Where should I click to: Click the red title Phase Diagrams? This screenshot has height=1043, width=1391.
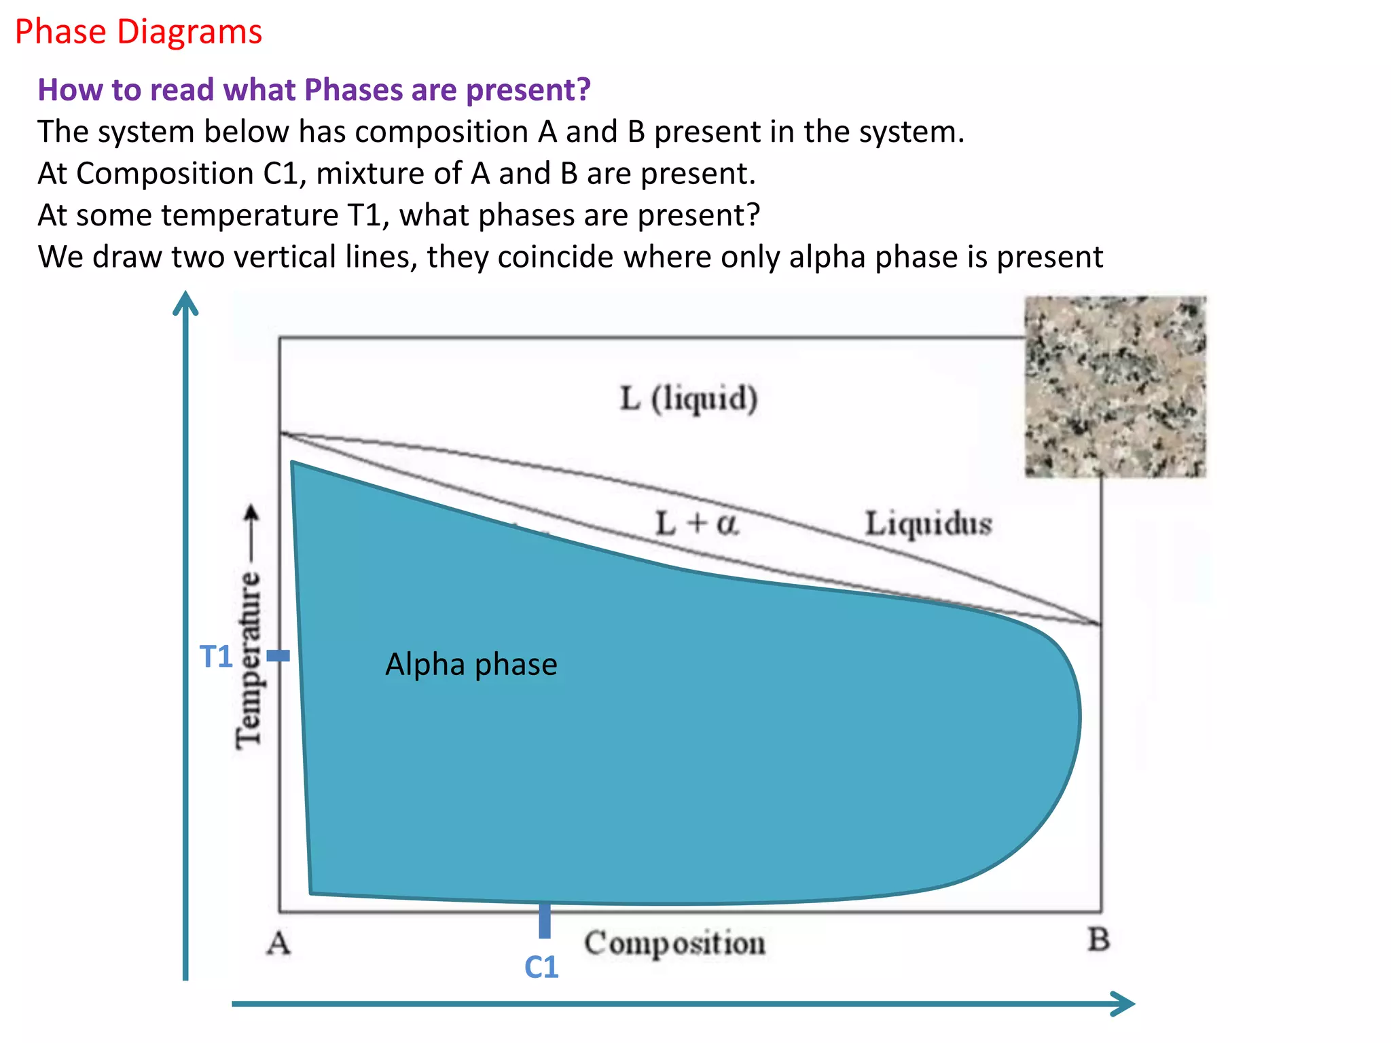(139, 33)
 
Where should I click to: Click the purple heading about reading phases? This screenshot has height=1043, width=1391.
(314, 90)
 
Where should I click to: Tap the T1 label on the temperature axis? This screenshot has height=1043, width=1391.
(216, 657)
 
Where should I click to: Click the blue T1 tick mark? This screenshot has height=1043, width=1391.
(278, 656)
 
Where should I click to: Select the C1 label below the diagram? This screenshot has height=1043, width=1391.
(541, 967)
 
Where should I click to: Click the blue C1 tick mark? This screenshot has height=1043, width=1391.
(545, 921)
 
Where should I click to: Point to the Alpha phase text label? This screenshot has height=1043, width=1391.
(471, 664)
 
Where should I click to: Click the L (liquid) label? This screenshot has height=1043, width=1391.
(689, 398)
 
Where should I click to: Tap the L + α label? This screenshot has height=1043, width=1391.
(697, 524)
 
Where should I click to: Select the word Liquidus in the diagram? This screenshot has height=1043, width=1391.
(928, 524)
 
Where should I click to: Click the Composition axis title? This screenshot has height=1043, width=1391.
(675, 943)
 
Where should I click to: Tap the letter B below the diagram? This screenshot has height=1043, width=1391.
(1098, 940)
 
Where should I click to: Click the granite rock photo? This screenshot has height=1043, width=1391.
(1115, 387)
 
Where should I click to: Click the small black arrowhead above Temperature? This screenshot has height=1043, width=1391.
(251, 511)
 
